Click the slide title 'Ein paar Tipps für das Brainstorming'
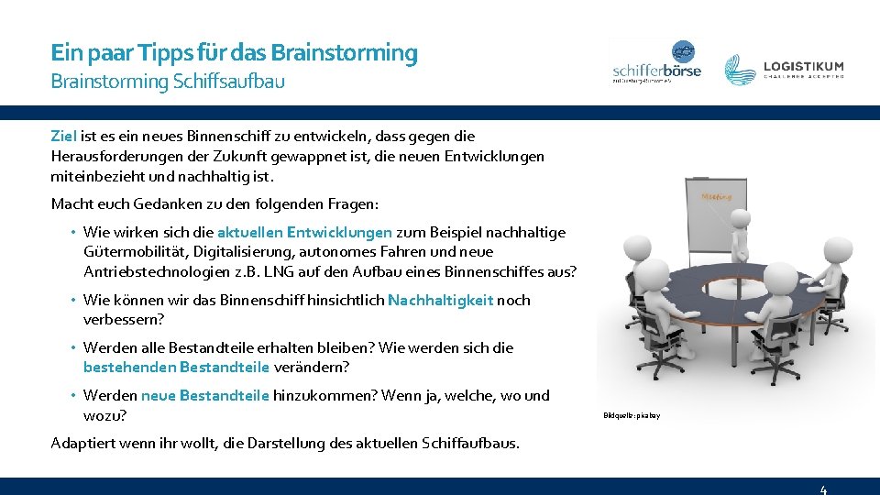coord(234,53)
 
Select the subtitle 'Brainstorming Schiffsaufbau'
coord(168,82)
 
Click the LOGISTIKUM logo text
coord(803,67)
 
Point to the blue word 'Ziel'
coord(64,136)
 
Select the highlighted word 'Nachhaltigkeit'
coord(440,300)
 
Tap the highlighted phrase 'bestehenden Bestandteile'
coord(176,368)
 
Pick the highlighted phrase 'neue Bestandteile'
coord(205,395)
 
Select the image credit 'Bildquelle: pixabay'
coord(632,416)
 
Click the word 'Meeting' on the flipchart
coord(716,196)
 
